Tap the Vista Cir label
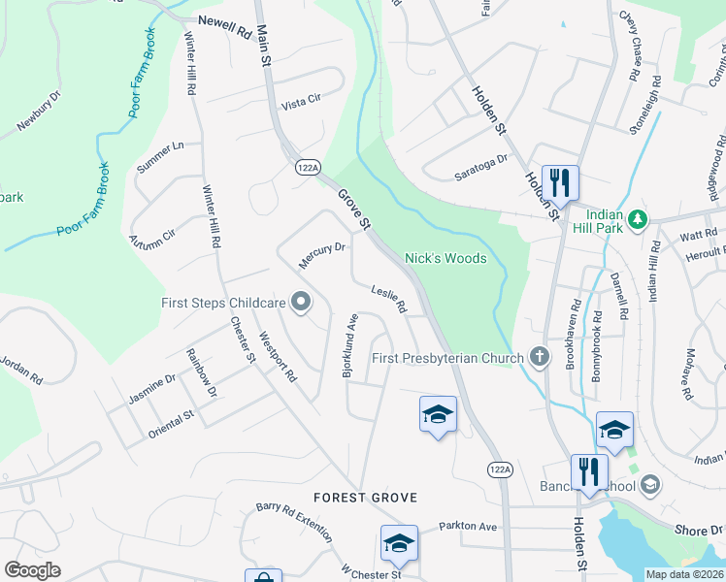pyautogui.click(x=299, y=105)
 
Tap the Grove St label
pyautogui.click(x=355, y=209)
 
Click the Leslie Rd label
pyautogui.click(x=388, y=298)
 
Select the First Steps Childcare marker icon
pyautogui.click(x=301, y=303)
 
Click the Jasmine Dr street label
pyautogui.click(x=151, y=389)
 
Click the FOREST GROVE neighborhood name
pyautogui.click(x=365, y=498)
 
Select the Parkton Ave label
pyautogui.click(x=467, y=526)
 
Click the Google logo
pyautogui.click(x=32, y=570)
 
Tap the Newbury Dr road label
pyautogui.click(x=39, y=112)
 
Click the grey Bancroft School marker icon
pyautogui.click(x=649, y=485)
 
